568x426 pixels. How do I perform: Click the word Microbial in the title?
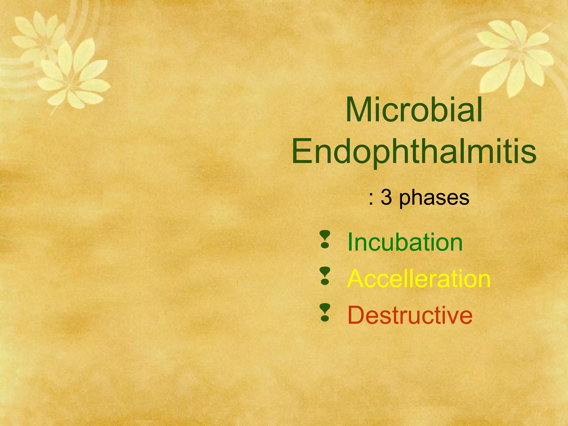(x=414, y=110)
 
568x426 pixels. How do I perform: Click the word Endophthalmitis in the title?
(x=414, y=152)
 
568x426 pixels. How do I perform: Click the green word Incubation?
(x=405, y=242)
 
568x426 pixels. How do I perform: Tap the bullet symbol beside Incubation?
(x=325, y=239)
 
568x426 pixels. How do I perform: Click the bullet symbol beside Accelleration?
(x=325, y=276)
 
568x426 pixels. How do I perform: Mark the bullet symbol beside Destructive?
(x=325, y=312)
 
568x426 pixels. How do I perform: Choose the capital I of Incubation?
(x=350, y=242)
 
